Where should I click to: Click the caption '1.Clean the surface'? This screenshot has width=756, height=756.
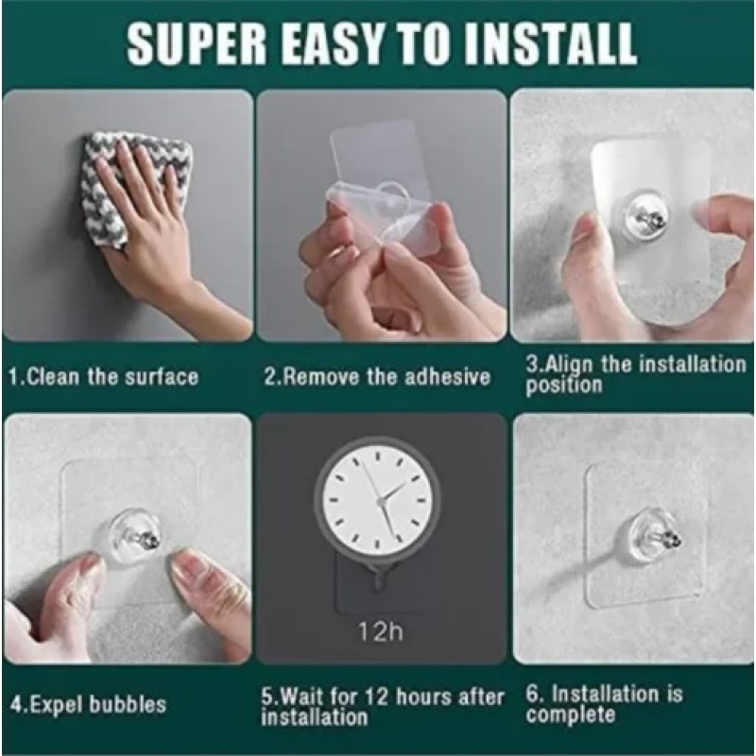tap(104, 376)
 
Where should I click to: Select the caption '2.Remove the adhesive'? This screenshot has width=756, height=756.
tap(376, 376)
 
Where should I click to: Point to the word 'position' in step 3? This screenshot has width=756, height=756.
tap(563, 386)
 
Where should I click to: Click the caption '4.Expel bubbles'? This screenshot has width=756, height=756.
tap(88, 704)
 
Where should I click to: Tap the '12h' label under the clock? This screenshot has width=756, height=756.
tap(381, 631)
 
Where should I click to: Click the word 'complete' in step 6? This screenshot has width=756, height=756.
tap(571, 714)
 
